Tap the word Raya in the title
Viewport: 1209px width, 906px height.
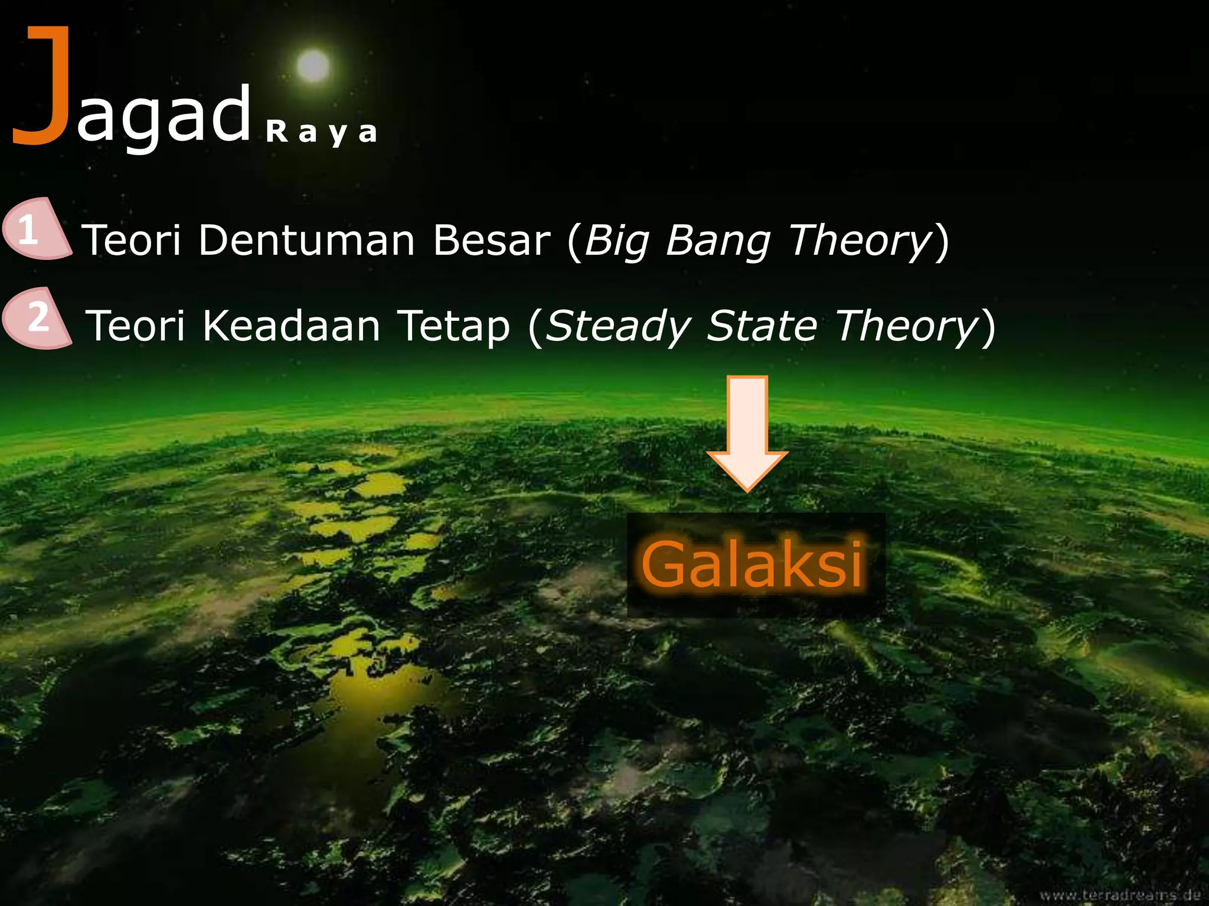coord(321,132)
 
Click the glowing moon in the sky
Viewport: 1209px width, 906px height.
coord(312,65)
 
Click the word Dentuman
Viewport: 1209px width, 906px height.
coord(306,241)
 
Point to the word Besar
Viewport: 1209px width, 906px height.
coord(491,241)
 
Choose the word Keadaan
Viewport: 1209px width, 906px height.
coord(291,326)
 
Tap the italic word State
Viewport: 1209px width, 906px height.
coord(762,326)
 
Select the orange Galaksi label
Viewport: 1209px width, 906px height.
coord(753,565)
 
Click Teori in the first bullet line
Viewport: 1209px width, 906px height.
coord(130,241)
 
